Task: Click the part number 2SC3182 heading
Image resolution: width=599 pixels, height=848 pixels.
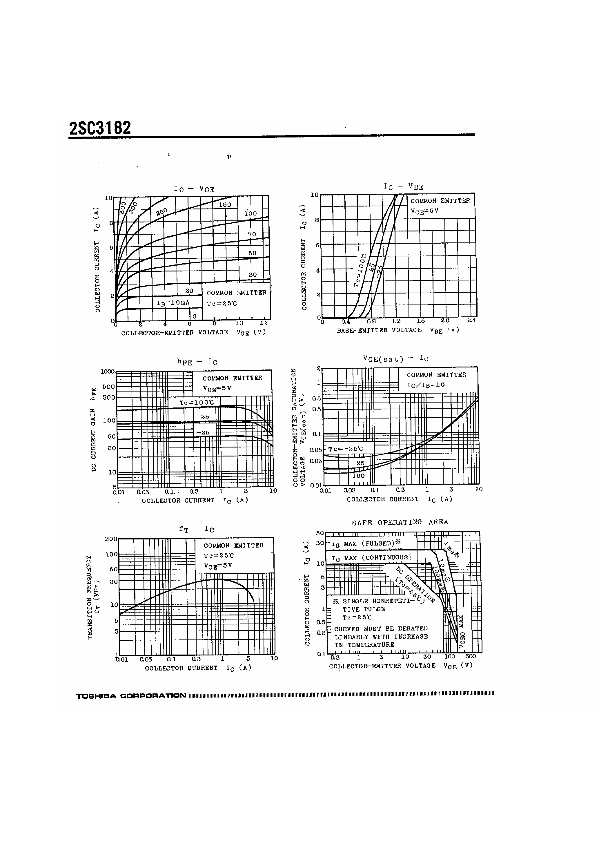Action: coord(100,128)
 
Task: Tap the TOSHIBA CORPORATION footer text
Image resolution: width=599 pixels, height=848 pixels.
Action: coord(131,696)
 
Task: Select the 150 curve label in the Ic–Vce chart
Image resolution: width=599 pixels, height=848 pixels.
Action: coord(225,205)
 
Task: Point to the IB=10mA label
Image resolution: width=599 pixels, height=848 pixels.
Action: coord(173,303)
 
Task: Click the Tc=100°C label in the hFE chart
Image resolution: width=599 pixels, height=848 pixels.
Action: coord(197,402)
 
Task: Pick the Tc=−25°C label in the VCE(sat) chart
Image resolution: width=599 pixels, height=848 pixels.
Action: coord(345,449)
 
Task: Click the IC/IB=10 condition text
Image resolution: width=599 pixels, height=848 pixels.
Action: coord(426,385)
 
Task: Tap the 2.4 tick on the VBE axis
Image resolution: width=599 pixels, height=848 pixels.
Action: coord(471,320)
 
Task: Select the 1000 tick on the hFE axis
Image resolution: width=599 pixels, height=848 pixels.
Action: coord(108,372)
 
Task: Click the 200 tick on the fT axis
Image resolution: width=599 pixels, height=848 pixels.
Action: coord(111,539)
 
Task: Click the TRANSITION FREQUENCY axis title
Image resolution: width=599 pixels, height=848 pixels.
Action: coord(90,597)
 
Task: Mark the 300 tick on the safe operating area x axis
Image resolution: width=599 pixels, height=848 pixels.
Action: coord(471,657)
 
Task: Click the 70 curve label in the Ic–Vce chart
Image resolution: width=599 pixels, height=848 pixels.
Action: coord(252,234)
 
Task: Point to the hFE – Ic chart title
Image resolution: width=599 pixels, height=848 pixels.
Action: coord(197,362)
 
